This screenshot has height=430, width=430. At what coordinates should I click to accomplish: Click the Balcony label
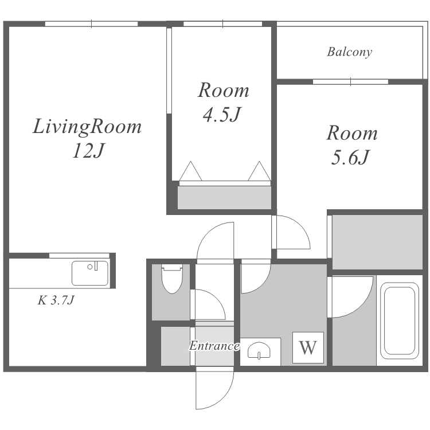pyautogui.click(x=350, y=52)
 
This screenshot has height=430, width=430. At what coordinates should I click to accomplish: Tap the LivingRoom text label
pyautogui.click(x=87, y=127)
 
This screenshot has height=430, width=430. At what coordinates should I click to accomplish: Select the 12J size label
pyautogui.click(x=88, y=151)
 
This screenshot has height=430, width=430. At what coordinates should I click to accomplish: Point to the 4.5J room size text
pyautogui.click(x=221, y=114)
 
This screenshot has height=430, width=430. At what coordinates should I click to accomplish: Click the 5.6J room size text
pyautogui.click(x=351, y=158)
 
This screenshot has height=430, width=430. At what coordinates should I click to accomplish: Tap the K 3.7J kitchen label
pyautogui.click(x=56, y=300)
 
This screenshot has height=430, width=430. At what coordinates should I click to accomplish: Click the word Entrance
pyautogui.click(x=214, y=346)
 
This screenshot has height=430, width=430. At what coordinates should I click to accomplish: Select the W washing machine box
pyautogui.click(x=308, y=347)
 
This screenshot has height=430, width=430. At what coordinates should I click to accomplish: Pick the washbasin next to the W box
pyautogui.click(x=259, y=350)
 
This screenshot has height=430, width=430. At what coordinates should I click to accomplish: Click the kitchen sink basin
pyautogui.click(x=90, y=273)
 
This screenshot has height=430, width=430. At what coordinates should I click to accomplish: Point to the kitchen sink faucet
pyautogui.click(x=96, y=266)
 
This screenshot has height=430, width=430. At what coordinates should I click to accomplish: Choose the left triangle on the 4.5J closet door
pyautogui.click(x=190, y=171)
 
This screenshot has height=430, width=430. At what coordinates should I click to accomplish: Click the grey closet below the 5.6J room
pyautogui.click(x=377, y=242)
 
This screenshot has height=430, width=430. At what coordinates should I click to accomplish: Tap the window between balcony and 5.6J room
pyautogui.click(x=350, y=82)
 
